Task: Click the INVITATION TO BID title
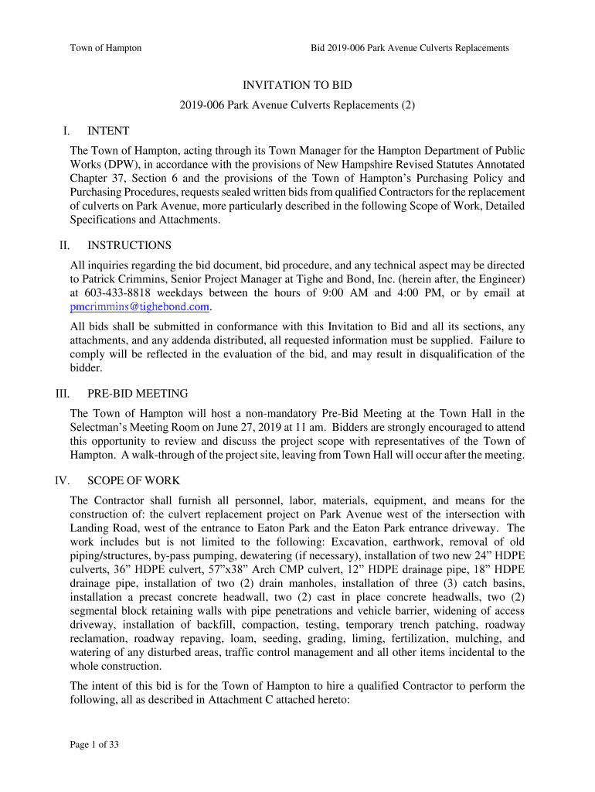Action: (297, 85)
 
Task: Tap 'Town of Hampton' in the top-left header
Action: (106, 48)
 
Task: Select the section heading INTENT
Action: (108, 131)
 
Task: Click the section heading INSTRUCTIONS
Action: (129, 245)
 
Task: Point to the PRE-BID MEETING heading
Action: (138, 394)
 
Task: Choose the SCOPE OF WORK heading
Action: (135, 480)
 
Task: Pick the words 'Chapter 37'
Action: (97, 179)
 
